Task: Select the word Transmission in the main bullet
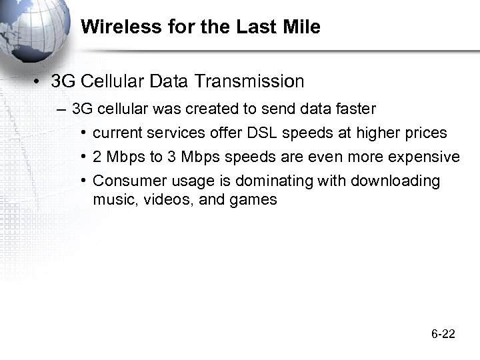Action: (248, 82)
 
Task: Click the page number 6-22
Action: (443, 334)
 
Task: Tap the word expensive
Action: (424, 157)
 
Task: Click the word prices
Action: (425, 133)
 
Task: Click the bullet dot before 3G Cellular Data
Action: (40, 83)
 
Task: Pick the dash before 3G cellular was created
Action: (62, 109)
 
